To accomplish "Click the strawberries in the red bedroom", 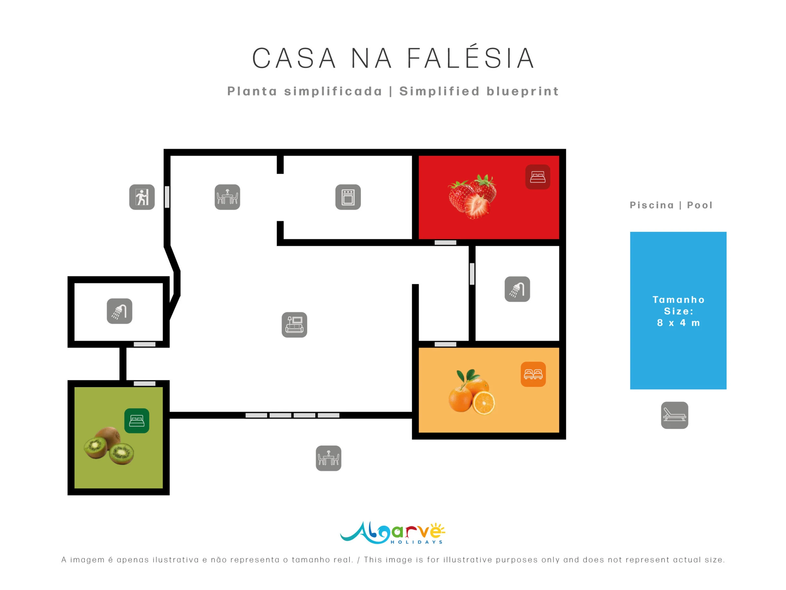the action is pyautogui.click(x=472, y=196).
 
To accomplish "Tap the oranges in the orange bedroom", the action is pyautogui.click(x=472, y=392).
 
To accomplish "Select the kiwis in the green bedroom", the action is pyautogui.click(x=109, y=445).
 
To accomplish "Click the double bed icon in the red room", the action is pyautogui.click(x=538, y=177).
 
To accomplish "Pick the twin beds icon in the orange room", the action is pyautogui.click(x=533, y=374).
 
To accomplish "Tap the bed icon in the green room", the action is pyautogui.click(x=137, y=421).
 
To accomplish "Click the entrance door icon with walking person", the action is pyautogui.click(x=142, y=197).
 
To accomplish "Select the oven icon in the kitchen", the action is pyautogui.click(x=348, y=197).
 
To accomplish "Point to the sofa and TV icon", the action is pyautogui.click(x=294, y=325).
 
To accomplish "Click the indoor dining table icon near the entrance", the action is pyautogui.click(x=227, y=197).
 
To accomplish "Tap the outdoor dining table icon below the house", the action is pyautogui.click(x=328, y=458).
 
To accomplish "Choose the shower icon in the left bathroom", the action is pyautogui.click(x=120, y=311).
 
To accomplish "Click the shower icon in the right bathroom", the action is pyautogui.click(x=517, y=289).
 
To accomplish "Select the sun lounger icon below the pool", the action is pyautogui.click(x=674, y=415).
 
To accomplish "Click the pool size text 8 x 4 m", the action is pyautogui.click(x=678, y=323).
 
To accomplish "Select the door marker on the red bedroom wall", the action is pyautogui.click(x=445, y=243).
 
